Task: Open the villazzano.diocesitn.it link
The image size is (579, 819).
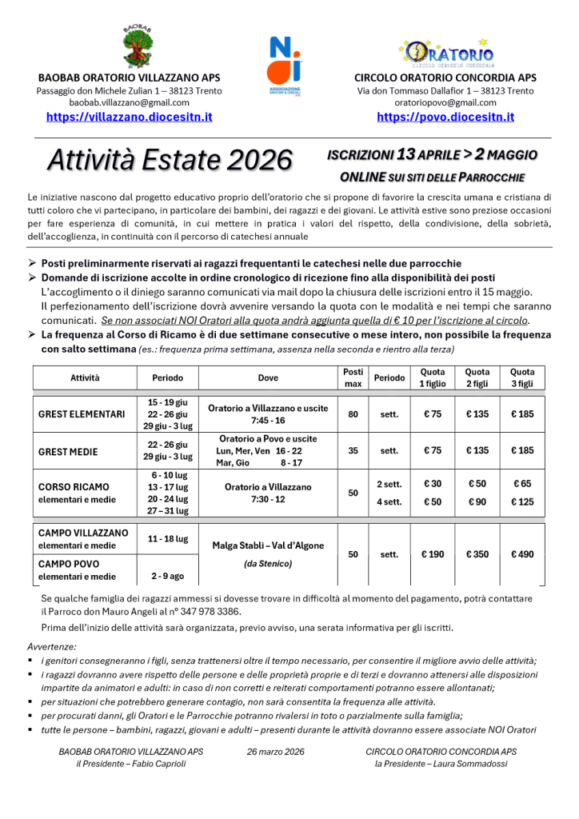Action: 129,117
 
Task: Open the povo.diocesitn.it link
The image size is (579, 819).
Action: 445,117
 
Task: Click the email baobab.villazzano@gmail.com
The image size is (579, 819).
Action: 129,102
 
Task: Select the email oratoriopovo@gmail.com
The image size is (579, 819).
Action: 445,102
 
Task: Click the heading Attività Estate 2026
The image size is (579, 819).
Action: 170,160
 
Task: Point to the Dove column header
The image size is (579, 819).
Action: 269,377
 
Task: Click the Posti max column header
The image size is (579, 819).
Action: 353,377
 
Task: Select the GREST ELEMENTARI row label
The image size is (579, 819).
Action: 82,414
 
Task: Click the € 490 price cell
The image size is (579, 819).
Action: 522,554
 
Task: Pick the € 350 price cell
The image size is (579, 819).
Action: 477,554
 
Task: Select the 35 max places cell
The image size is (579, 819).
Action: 353,451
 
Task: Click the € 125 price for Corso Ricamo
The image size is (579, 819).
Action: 522,501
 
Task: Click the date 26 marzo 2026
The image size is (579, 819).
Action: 276,752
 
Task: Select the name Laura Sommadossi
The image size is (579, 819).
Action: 469,764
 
